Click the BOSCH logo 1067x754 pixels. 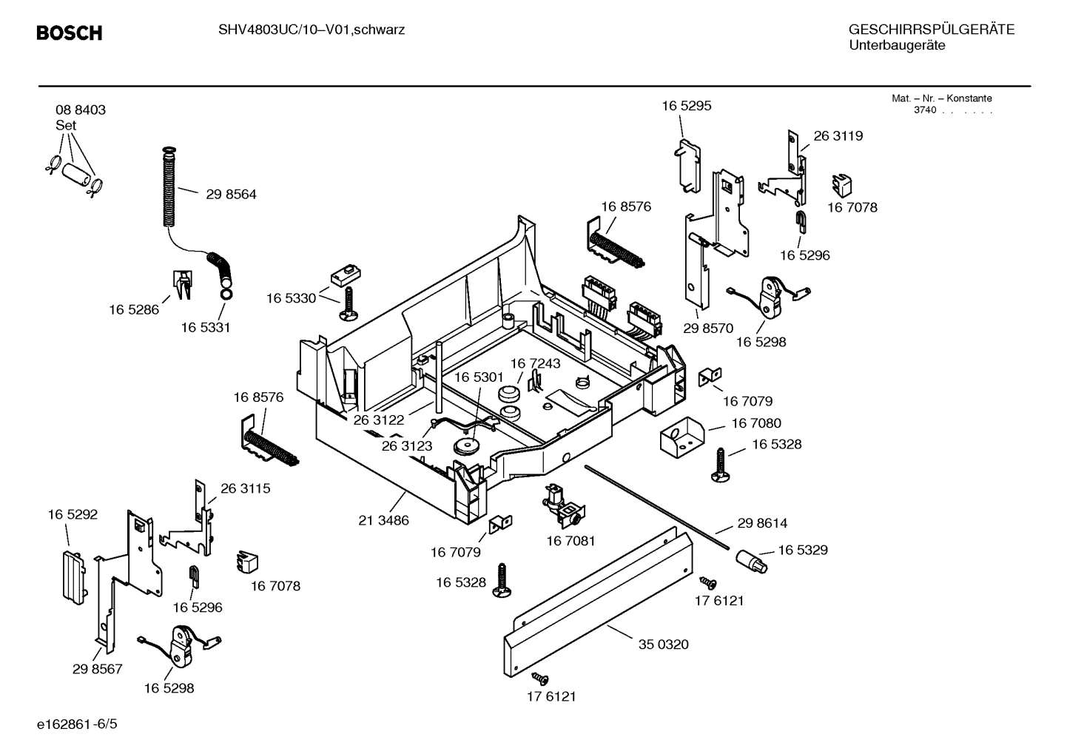(x=69, y=33)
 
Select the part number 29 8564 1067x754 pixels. (x=231, y=195)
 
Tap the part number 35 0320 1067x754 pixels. (x=663, y=644)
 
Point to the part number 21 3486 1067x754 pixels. (x=383, y=520)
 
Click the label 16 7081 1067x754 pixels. (x=570, y=541)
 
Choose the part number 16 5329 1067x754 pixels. (x=802, y=550)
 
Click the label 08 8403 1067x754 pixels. (x=80, y=110)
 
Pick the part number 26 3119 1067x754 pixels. (x=838, y=136)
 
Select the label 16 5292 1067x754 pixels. (x=73, y=514)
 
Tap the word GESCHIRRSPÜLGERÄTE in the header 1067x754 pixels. (x=931, y=30)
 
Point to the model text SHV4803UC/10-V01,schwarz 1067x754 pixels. (x=311, y=30)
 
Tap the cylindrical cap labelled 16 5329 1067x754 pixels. (x=751, y=560)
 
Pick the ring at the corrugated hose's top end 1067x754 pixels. (x=169, y=153)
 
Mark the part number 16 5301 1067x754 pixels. (x=479, y=377)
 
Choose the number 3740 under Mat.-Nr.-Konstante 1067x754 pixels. (x=924, y=110)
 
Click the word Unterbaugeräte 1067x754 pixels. (x=896, y=45)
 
